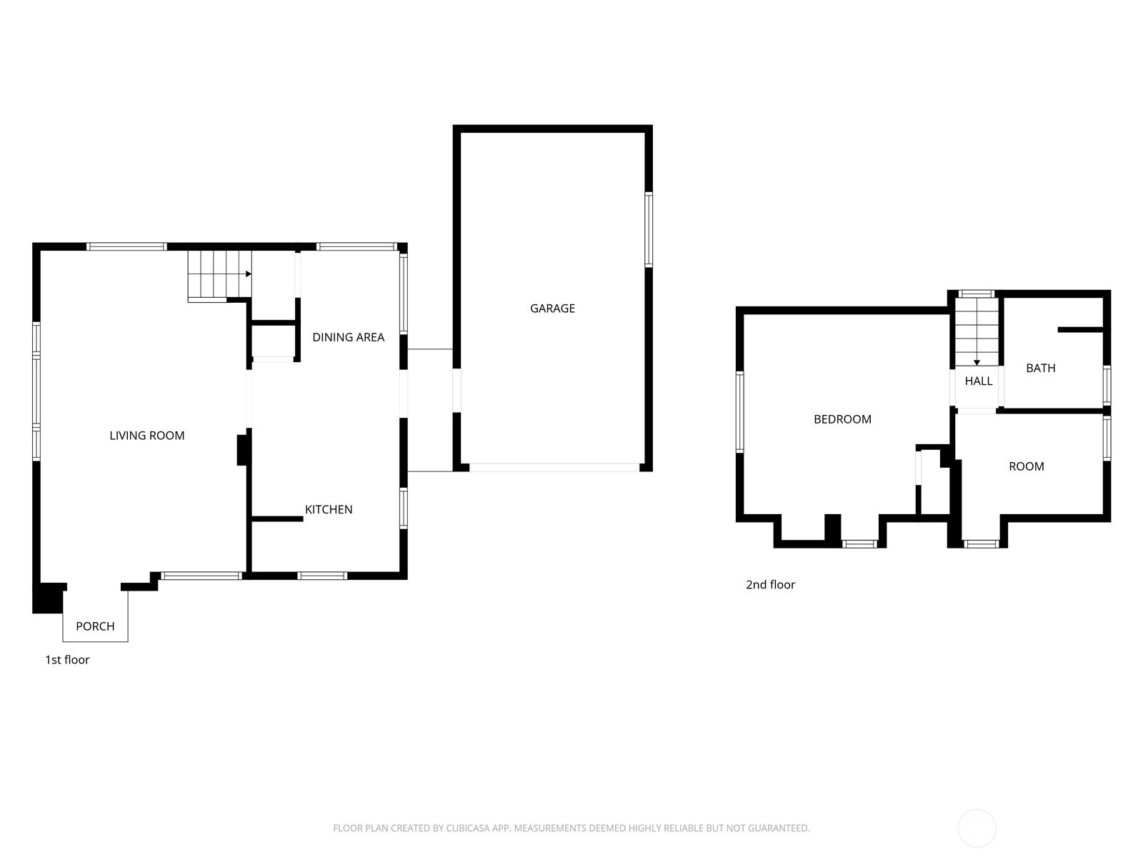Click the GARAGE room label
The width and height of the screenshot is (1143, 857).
click(552, 309)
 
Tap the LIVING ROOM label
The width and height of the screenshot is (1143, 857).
click(147, 436)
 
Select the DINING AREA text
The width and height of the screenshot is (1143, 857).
click(349, 337)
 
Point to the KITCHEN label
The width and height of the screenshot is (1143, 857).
click(329, 509)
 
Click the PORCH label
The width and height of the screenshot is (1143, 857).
click(95, 626)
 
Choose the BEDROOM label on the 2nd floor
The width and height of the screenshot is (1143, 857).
click(842, 419)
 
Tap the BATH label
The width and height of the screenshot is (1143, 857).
click(1040, 368)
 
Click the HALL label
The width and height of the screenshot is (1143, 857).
click(979, 381)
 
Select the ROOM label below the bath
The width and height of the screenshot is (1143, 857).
click(1027, 466)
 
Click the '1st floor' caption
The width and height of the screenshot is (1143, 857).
click(67, 659)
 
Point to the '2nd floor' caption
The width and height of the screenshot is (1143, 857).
click(770, 584)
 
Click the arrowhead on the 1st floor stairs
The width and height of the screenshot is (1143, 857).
click(249, 274)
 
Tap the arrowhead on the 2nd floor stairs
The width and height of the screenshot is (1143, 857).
click(977, 363)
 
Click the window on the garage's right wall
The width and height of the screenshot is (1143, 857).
click(649, 229)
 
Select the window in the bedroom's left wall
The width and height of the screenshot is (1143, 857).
click(739, 411)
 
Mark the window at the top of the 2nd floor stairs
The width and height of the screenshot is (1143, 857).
click(977, 294)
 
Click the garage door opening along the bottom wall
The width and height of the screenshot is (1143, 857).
click(554, 468)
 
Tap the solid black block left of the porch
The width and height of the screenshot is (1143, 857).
click(49, 598)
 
